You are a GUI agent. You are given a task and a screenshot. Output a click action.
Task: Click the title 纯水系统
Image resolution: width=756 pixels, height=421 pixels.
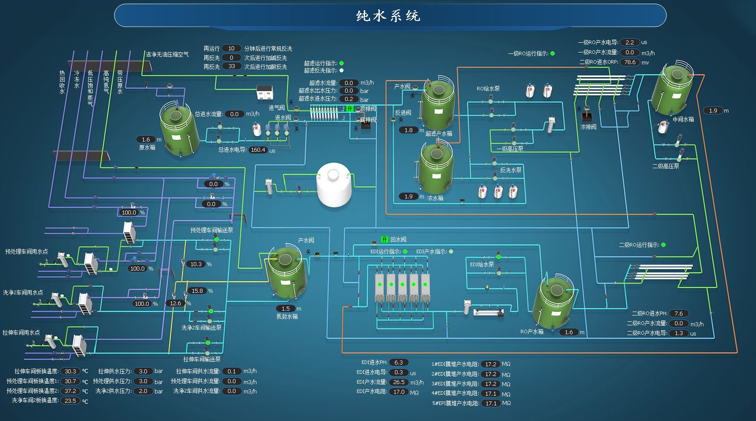coord(388,16)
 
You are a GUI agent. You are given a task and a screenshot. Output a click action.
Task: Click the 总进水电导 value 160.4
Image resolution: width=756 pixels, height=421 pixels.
coord(258,150)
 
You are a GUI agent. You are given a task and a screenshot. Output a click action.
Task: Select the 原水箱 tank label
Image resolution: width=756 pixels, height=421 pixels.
coord(147,147)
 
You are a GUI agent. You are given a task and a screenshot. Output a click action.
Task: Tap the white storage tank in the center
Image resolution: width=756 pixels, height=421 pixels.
coord(334,184)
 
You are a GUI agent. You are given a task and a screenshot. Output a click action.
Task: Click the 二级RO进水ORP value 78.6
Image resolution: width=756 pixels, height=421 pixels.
coord(630,62)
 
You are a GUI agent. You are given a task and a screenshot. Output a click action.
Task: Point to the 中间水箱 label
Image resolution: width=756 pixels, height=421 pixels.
coord(683,119)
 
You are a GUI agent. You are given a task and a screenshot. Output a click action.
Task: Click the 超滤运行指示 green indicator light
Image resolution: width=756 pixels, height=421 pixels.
coord(341,63)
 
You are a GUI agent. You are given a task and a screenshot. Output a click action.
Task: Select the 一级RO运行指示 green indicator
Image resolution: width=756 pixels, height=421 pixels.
coord(553,53)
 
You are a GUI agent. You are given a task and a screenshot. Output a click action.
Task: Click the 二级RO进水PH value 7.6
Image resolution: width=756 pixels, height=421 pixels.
coord(679,313)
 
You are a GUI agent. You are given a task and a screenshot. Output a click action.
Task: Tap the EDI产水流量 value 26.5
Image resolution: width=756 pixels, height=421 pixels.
coord(398,382)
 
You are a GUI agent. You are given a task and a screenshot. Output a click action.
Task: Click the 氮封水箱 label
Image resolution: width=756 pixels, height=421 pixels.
coord(287,316)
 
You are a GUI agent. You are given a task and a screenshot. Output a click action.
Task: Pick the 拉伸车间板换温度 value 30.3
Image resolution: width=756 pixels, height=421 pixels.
coord(70,371)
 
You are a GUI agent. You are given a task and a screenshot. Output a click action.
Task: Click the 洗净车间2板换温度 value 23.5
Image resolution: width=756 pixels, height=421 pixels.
coord(70,401)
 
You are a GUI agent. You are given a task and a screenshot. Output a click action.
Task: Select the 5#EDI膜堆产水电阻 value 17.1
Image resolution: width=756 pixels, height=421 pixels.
coord(491,403)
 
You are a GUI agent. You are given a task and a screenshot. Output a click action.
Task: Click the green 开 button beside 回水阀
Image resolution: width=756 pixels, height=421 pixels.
coord(385,239)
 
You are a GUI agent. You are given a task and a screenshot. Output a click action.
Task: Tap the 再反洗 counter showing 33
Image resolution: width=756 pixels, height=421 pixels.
coord(232,66)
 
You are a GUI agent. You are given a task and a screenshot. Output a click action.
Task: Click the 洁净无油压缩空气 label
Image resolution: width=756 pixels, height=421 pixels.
coord(167,54)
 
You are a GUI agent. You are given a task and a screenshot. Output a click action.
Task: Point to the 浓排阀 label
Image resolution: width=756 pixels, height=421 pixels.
coord(588,127)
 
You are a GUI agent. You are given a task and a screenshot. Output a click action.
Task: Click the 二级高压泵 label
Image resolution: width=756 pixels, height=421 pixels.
coord(666,166)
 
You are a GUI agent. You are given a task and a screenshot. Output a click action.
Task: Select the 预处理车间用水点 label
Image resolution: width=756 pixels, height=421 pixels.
coord(26,251)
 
